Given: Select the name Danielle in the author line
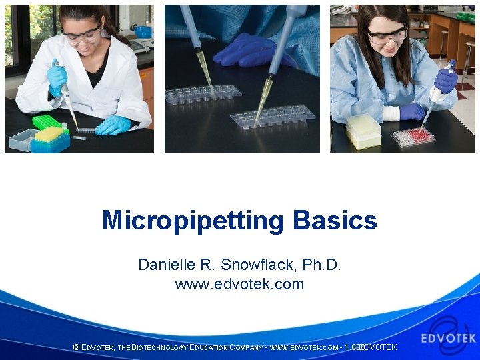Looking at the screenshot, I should tap(164, 265).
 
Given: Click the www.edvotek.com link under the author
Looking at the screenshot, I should tap(239, 284).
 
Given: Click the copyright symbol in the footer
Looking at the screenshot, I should tap(76, 347).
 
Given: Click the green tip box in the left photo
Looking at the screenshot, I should tap(46, 122).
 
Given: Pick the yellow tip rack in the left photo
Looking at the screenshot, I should tap(49, 135).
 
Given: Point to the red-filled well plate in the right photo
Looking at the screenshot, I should tap(413, 137).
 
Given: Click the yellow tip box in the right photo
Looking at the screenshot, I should tap(363, 129).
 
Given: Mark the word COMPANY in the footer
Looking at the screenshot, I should tap(245, 347).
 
